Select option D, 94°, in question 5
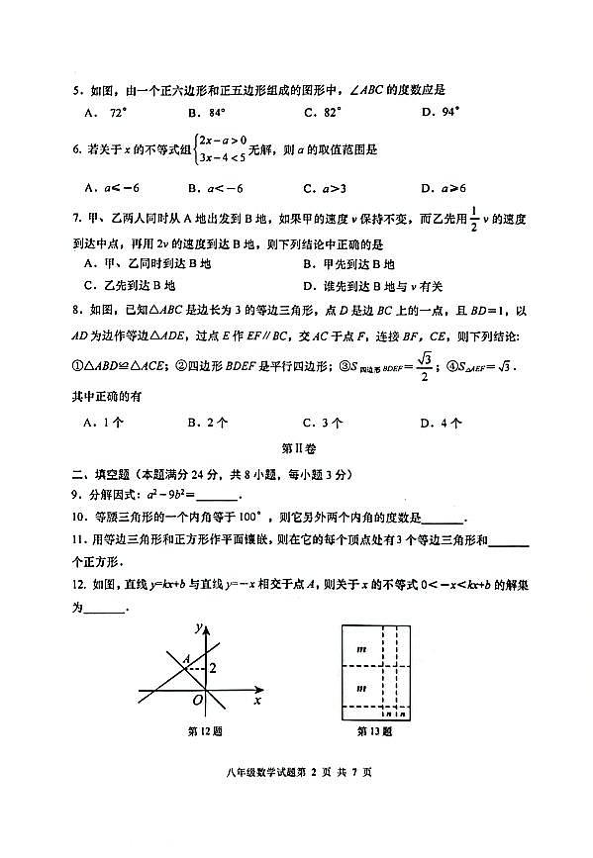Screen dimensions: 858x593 point(441,112)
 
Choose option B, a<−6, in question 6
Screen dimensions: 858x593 point(214,187)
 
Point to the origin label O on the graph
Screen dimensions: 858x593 point(198,700)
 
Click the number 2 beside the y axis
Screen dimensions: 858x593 point(212,668)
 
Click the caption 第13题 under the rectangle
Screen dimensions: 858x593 point(374,732)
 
